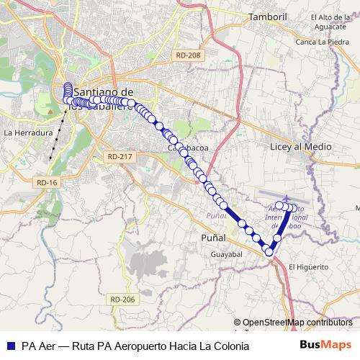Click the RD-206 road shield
[122, 299]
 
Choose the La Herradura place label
[28, 133]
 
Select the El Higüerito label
[308, 266]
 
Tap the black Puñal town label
[213, 238]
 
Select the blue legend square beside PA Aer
[10, 346]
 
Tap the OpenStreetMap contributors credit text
[297, 322]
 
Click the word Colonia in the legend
[232, 346]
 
